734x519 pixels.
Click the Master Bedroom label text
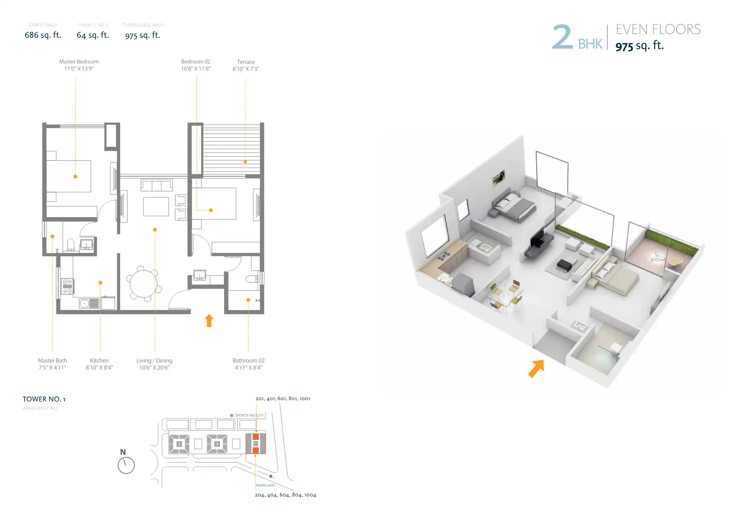point(79,62)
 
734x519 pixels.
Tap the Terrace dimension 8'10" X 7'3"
point(246,69)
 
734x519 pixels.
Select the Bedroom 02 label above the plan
point(196,62)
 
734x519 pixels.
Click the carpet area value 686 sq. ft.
point(43,35)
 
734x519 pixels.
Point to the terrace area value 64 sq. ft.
point(93,35)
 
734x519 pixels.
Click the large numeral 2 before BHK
point(562,37)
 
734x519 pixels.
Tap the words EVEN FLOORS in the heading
point(658,30)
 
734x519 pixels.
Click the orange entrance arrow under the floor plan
point(209,320)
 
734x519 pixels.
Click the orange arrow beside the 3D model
point(536,368)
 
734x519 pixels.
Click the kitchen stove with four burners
point(67,286)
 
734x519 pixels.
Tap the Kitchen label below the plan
point(100,361)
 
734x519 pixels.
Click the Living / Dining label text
point(154,361)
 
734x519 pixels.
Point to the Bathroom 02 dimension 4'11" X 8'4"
point(248,368)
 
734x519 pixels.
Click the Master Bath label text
point(52,361)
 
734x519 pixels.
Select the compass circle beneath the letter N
point(126,466)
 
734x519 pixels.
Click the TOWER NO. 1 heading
point(44,399)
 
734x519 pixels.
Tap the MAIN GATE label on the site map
point(266,485)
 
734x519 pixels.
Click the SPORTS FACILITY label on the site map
point(249,415)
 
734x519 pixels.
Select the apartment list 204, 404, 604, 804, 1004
point(285,495)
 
